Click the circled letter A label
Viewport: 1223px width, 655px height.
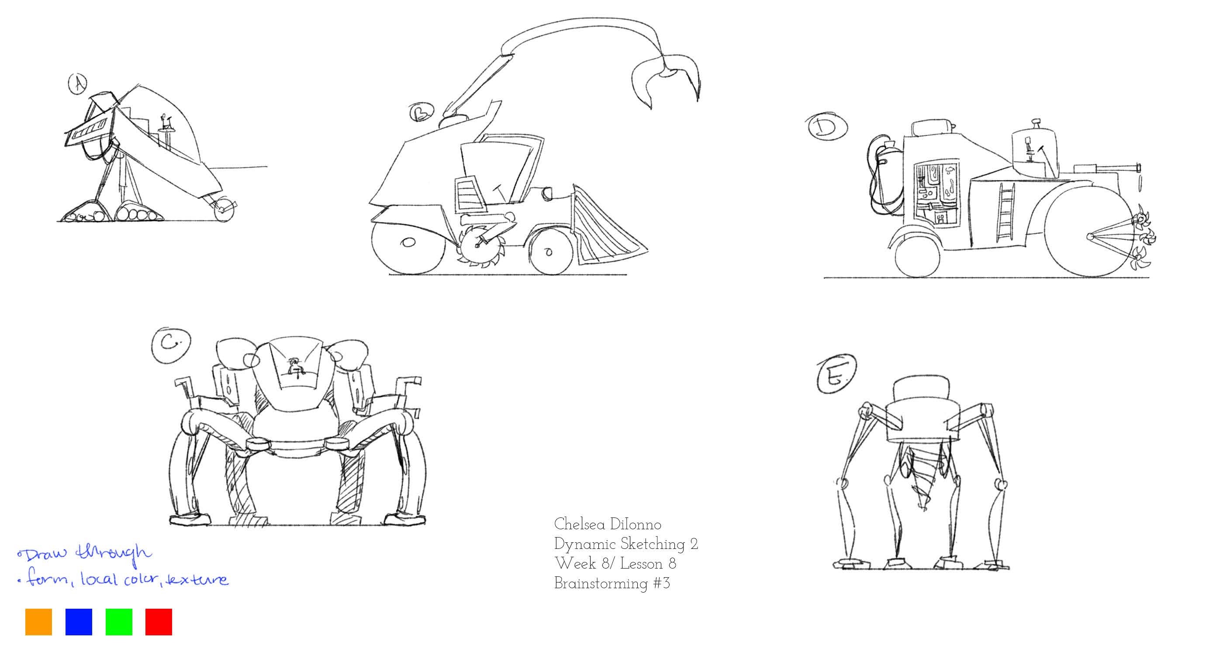(x=78, y=84)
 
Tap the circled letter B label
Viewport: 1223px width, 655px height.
(x=421, y=113)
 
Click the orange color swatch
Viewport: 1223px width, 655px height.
(x=38, y=622)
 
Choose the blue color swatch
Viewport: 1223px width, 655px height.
(x=78, y=622)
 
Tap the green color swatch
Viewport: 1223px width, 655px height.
(x=119, y=622)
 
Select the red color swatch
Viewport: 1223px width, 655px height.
(x=159, y=622)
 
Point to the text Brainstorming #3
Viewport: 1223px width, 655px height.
(x=611, y=583)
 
